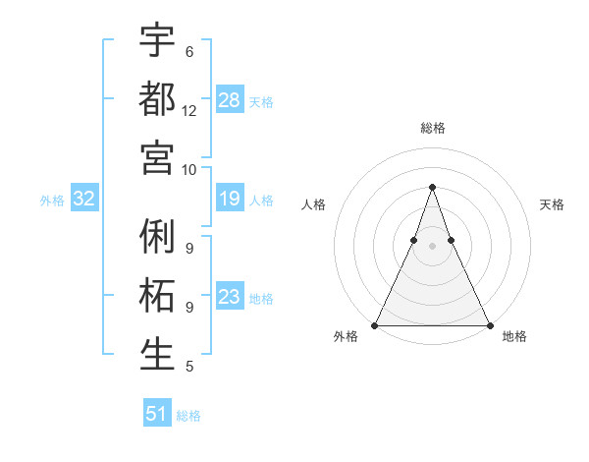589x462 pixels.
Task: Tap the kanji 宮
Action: pyautogui.click(x=157, y=157)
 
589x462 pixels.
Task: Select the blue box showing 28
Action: pyautogui.click(x=230, y=99)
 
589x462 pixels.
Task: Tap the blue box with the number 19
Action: pyautogui.click(x=230, y=199)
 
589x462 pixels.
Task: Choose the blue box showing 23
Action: pyautogui.click(x=230, y=297)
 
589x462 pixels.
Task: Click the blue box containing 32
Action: pyautogui.click(x=83, y=199)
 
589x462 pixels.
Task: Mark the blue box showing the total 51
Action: pyautogui.click(x=157, y=414)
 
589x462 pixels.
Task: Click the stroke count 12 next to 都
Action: pyautogui.click(x=189, y=111)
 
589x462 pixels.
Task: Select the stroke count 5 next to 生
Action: pyautogui.click(x=188, y=367)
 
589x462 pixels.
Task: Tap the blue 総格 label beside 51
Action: pyautogui.click(x=188, y=416)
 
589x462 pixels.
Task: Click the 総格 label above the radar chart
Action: pyautogui.click(x=433, y=128)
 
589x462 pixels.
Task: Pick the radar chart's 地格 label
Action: pyautogui.click(x=514, y=336)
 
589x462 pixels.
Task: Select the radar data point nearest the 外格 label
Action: pyautogui.click(x=375, y=325)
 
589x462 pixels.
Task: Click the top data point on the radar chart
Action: pyautogui.click(x=432, y=187)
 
